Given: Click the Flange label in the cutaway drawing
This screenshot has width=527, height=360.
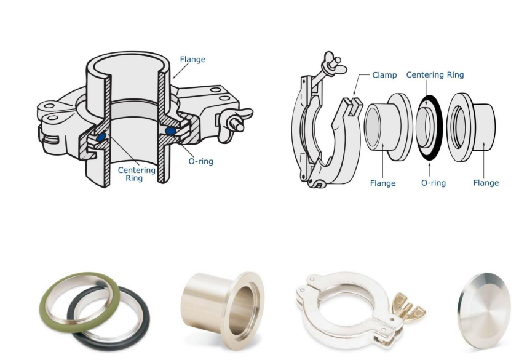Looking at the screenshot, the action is [x=192, y=60].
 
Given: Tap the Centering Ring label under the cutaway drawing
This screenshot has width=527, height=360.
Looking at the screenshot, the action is [x=137, y=174].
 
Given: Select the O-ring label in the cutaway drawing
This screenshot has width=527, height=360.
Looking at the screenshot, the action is [x=200, y=161].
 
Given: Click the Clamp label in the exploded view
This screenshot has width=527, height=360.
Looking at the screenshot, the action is [x=384, y=75].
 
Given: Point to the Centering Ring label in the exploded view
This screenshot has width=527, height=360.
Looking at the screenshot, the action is [x=435, y=74].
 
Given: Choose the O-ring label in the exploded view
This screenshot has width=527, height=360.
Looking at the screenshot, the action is [x=434, y=183].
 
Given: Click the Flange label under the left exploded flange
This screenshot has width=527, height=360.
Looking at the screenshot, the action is [x=383, y=183].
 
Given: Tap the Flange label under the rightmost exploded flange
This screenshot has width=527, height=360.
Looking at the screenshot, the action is [x=486, y=183].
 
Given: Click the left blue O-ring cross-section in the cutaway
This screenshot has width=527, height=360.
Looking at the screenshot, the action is [x=101, y=137].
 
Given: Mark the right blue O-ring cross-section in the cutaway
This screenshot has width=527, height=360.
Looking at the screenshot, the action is [x=170, y=131].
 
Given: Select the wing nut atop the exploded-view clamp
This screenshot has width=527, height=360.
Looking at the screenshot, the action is [x=331, y=64].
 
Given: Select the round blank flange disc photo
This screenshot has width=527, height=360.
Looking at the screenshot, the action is [x=485, y=311].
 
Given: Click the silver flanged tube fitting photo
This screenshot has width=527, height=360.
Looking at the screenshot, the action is [x=223, y=310].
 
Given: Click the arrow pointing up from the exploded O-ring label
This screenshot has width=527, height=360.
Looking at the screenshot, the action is [x=429, y=169].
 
